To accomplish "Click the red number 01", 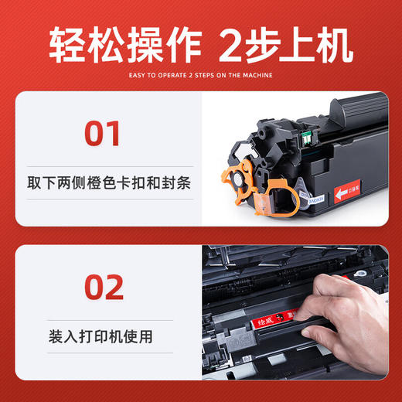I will click(102, 134).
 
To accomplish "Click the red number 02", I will click(102, 286).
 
